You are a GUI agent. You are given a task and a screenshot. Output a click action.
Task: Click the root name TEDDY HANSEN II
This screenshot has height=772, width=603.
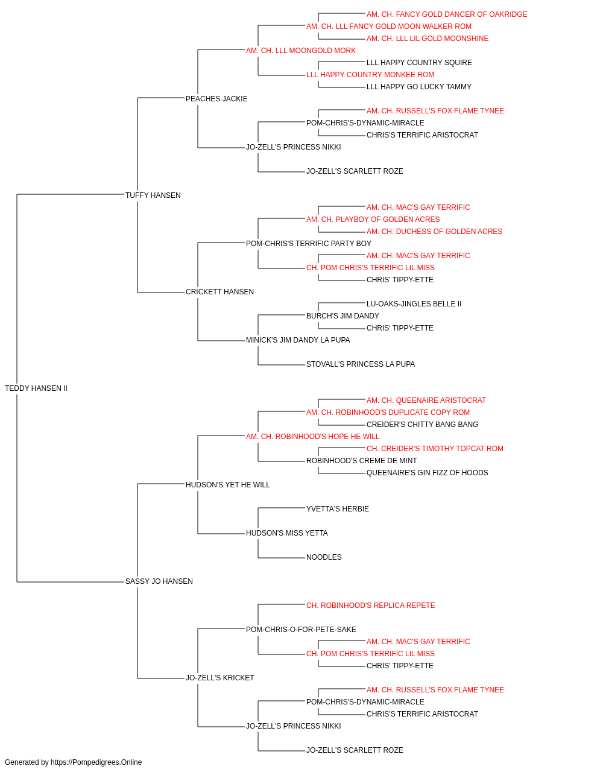click(x=36, y=388)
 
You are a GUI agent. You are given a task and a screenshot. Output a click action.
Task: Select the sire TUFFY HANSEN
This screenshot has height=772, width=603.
click(x=153, y=195)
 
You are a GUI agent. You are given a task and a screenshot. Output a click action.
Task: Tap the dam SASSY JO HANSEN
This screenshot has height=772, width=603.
click(x=159, y=581)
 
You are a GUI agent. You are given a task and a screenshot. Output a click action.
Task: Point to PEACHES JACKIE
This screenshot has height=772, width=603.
click(x=216, y=99)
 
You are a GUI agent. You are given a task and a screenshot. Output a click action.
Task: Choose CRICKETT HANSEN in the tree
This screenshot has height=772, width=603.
click(x=219, y=292)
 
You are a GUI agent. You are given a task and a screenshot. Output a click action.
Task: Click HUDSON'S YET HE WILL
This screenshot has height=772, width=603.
click(x=228, y=484)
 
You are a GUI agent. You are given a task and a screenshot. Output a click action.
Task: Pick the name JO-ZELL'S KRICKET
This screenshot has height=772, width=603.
click(x=219, y=677)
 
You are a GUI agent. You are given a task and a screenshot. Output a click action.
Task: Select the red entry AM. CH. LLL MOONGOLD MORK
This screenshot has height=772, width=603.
click(x=301, y=51)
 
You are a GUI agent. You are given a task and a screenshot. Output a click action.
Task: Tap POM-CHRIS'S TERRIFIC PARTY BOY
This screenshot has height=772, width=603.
click(x=308, y=243)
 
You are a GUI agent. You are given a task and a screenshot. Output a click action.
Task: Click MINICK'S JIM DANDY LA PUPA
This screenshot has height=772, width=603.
click(x=298, y=340)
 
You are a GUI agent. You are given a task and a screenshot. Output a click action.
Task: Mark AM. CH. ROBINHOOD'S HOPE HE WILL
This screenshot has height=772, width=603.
click(x=312, y=436)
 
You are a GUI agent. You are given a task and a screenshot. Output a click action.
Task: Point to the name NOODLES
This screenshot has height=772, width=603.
click(x=324, y=557)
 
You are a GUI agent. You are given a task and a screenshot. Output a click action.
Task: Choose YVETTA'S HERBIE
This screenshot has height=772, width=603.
click(x=337, y=509)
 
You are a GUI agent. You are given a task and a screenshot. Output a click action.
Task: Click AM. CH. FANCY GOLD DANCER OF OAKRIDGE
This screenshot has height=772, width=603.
click(x=447, y=14)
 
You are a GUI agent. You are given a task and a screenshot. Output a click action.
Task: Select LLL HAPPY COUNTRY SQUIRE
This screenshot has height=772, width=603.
click(x=419, y=63)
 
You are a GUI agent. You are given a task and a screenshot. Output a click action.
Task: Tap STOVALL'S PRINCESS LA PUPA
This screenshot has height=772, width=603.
click(x=361, y=364)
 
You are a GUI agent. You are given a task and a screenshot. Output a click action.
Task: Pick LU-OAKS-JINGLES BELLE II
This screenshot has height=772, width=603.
click(x=414, y=304)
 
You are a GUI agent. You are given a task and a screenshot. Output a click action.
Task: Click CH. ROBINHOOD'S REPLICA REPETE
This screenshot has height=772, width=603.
click(x=370, y=606)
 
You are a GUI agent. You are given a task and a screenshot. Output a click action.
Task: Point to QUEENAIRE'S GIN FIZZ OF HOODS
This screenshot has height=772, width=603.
click(x=427, y=472)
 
